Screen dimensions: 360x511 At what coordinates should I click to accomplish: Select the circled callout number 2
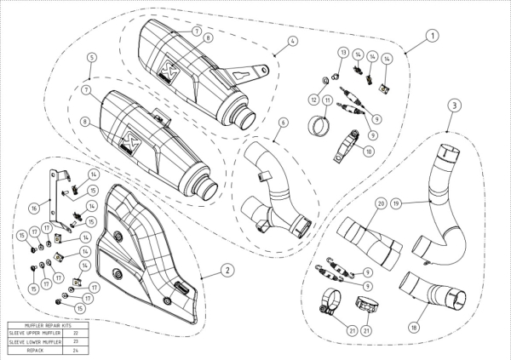[227, 270]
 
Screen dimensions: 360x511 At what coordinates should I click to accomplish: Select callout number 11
[328, 100]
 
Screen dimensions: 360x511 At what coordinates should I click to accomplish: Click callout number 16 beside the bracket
[34, 206]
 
